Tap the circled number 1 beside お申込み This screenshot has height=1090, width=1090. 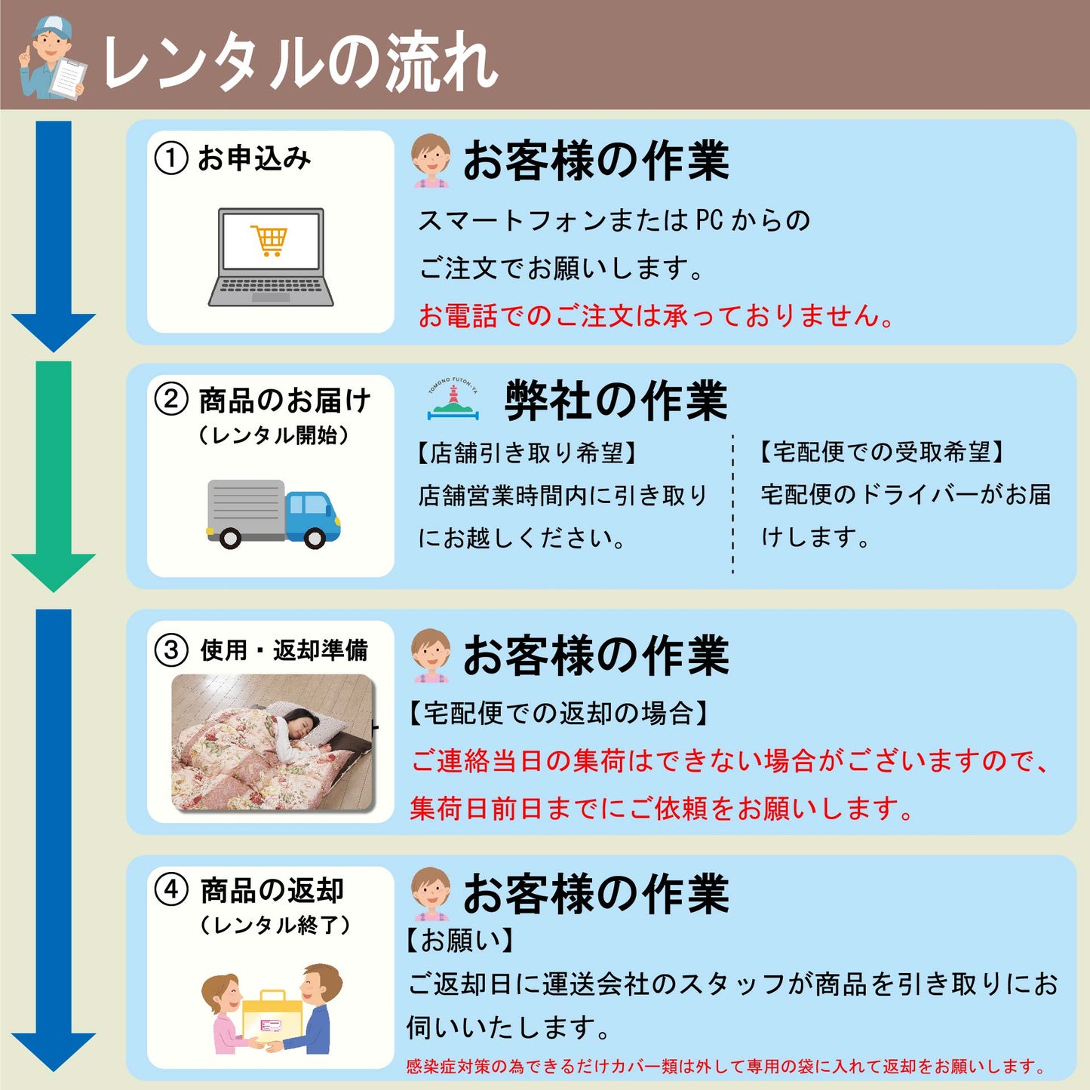coord(170,158)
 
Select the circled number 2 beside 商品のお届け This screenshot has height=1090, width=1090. coord(170,399)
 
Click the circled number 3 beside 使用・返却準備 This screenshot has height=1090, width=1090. coord(170,649)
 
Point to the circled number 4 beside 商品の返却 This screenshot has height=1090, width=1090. coord(170,889)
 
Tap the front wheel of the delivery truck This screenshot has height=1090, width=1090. coord(315,537)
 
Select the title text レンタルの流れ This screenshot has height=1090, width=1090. coord(299,62)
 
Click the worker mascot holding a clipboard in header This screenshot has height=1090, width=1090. coord(51,59)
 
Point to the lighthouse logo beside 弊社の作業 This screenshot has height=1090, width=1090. coord(453,400)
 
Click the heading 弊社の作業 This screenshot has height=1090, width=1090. coord(616,400)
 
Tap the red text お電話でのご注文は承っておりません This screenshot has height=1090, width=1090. coord(656,315)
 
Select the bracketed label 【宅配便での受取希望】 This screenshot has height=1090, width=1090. coord(881,452)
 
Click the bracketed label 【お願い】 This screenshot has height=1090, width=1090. coord(460,940)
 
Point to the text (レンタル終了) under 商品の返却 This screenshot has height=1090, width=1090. coord(275,925)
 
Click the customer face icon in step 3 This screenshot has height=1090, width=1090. coord(431,654)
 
